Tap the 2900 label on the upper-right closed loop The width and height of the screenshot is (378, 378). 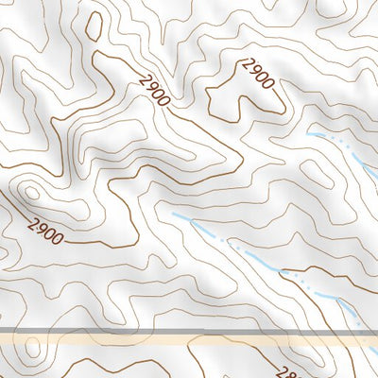click(x=257, y=73)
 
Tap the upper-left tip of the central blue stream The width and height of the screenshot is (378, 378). click(x=174, y=215)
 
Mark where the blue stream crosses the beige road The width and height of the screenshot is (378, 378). click(x=361, y=335)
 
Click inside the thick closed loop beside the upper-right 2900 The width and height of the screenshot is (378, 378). click(x=236, y=94)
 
